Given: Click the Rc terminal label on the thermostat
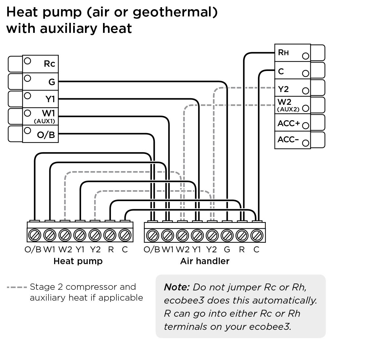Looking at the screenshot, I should [49, 63].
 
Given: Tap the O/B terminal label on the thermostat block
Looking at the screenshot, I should [46, 135].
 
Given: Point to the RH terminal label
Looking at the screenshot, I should [283, 52].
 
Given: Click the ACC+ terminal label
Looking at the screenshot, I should [288, 124].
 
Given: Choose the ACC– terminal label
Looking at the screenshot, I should [288, 140].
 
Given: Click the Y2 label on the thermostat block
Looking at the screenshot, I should [283, 89].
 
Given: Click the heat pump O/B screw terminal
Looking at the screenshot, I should [34, 235].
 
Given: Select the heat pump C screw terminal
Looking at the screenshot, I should [125, 235].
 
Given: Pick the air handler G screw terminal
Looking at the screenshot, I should [227, 235].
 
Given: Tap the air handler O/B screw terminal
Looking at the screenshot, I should [152, 235].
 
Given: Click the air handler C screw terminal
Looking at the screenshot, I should [257, 235].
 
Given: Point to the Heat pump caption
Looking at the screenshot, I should [78, 261].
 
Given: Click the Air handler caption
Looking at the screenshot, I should [205, 261].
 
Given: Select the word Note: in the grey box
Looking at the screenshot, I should [177, 287].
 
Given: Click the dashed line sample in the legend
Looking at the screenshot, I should [16, 287].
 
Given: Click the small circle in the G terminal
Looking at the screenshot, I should [28, 78].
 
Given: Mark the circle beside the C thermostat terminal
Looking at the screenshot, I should [305, 73].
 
